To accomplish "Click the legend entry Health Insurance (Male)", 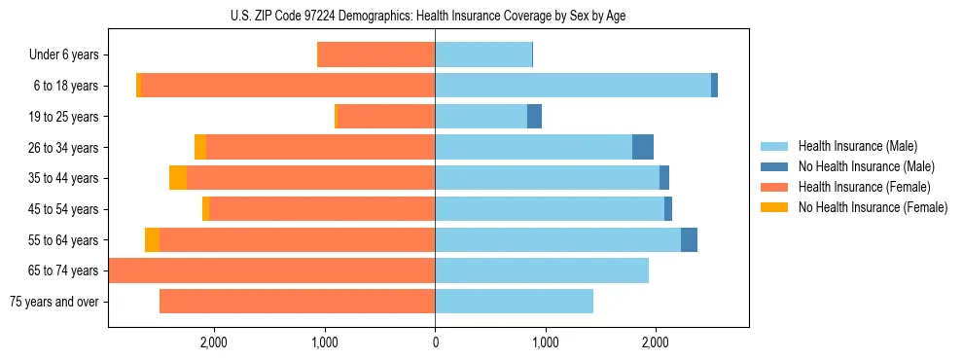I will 857,146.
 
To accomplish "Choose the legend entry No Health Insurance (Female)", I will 873,207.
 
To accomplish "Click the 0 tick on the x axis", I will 435,342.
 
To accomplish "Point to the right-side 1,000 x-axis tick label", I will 545,342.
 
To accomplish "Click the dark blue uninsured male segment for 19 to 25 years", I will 534,117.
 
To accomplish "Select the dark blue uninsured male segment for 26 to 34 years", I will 643,147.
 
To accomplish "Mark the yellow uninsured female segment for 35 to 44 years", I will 178,178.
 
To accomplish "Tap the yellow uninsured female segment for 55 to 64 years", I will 152,239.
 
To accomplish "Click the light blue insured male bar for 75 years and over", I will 514,302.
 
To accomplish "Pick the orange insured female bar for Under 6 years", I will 376,55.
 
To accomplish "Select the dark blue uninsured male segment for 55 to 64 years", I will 689,239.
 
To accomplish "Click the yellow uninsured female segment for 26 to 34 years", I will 200,147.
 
